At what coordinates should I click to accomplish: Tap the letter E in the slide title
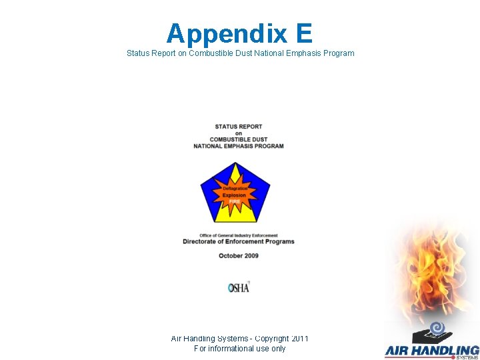pyautogui.click(x=301, y=33)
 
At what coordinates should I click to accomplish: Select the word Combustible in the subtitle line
pyautogui.click(x=211, y=53)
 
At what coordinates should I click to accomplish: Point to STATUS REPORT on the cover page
pyautogui.click(x=239, y=126)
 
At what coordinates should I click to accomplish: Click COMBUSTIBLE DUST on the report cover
pyautogui.click(x=239, y=139)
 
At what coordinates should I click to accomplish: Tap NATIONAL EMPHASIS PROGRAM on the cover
pyautogui.click(x=239, y=146)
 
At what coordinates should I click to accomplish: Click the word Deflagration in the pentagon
pyautogui.click(x=235, y=189)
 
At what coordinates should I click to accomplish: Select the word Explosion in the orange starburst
pyautogui.click(x=235, y=195)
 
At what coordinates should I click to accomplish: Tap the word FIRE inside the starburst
pyautogui.click(x=235, y=201)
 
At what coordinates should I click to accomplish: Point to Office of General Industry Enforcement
pyautogui.click(x=239, y=235)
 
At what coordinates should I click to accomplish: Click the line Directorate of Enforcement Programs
pyautogui.click(x=239, y=242)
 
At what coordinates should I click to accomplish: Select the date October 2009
pyautogui.click(x=239, y=256)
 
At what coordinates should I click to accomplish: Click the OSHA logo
pyautogui.click(x=239, y=287)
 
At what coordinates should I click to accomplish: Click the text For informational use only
pyautogui.click(x=239, y=349)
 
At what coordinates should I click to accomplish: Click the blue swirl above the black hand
pyautogui.click(x=438, y=327)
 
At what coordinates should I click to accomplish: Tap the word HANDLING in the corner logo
pyautogui.click(x=447, y=350)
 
